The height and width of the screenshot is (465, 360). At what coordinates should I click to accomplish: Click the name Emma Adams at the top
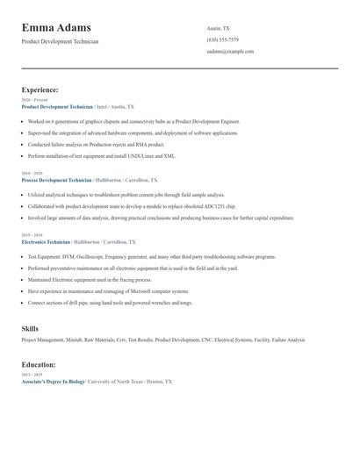62,27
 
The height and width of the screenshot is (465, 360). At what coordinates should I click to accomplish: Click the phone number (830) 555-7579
222,39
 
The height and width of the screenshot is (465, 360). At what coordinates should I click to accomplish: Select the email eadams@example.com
230,51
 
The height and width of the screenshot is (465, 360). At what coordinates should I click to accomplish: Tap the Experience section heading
40,89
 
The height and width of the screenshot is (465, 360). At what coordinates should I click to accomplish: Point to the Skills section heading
30,328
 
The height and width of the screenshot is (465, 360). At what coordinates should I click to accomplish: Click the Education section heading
39,364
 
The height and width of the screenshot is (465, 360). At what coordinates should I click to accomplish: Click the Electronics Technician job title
46,240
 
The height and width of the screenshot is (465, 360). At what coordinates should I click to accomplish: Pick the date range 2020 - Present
34,100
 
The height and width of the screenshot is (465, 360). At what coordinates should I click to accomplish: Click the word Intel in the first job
102,106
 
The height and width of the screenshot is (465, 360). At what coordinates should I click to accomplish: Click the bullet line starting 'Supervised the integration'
132,132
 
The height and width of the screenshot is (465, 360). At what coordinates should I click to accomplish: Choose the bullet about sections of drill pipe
110,302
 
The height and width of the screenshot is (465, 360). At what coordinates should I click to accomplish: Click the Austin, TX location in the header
218,28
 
